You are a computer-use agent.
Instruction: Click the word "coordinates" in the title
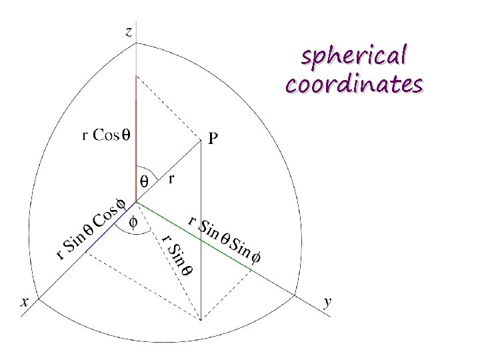click(x=353, y=85)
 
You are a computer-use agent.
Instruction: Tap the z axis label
click(x=129, y=31)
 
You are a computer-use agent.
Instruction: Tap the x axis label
click(x=25, y=302)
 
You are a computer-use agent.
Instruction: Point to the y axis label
click(x=327, y=302)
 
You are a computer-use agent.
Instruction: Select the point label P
click(x=213, y=139)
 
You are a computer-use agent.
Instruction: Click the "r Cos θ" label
click(x=106, y=135)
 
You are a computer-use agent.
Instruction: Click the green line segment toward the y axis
click(x=195, y=234)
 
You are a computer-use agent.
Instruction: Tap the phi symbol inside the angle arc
click(x=132, y=222)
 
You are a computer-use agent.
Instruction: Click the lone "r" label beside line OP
click(x=172, y=179)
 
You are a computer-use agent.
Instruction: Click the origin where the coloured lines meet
click(x=136, y=200)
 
